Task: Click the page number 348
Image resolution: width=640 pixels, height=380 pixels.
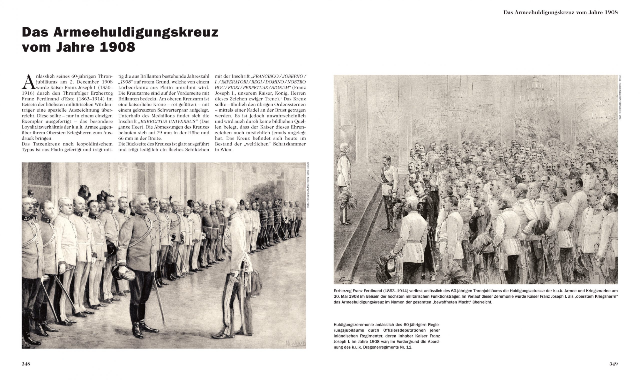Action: tap(26, 364)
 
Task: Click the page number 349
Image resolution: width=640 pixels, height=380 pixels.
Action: tap(613, 364)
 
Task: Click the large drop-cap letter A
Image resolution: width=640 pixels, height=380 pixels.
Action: tap(28, 81)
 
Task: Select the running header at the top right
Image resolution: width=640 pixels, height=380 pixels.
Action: tap(560, 12)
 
